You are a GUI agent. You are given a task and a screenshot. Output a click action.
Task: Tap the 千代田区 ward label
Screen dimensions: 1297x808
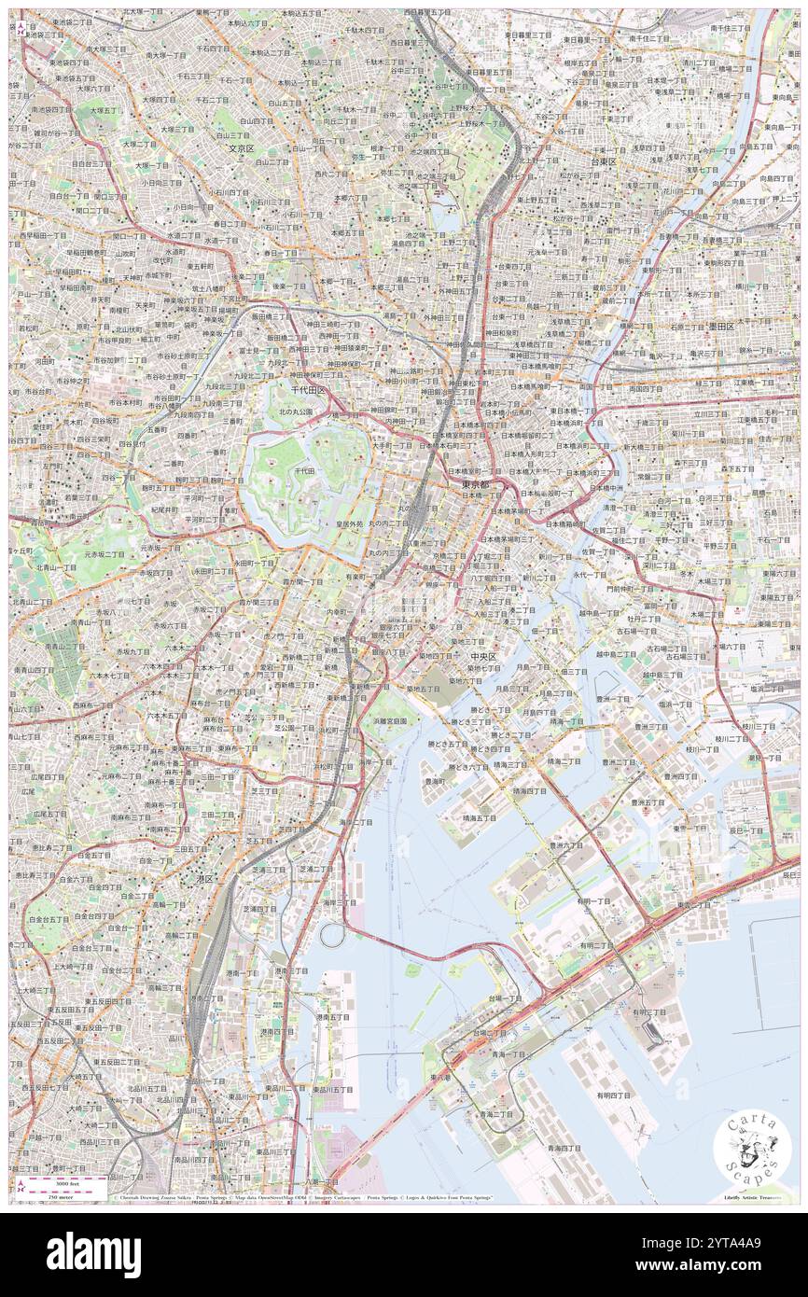(x=308, y=389)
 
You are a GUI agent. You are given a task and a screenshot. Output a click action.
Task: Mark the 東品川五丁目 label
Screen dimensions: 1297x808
(x=332, y=1089)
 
